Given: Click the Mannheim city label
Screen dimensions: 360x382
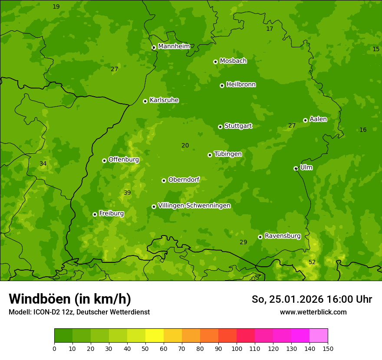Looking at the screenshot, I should (174, 46).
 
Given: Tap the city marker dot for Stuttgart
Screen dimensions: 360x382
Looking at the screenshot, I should (220, 127).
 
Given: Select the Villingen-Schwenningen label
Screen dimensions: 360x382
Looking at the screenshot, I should (194, 206).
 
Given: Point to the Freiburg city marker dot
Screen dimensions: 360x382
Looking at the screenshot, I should (95, 214).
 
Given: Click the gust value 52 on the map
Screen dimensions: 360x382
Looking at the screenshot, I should (312, 262).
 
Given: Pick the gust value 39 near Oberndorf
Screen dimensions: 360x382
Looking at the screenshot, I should (127, 193).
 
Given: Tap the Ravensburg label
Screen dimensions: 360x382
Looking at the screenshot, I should (283, 236).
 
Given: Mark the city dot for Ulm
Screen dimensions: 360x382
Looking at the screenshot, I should (296, 168).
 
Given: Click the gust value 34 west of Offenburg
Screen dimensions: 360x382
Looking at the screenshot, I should (43, 164).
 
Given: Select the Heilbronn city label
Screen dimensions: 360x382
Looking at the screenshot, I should (241, 85).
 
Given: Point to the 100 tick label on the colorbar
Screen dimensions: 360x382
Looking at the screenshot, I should (237, 348).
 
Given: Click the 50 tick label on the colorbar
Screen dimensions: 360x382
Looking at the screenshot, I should (145, 348).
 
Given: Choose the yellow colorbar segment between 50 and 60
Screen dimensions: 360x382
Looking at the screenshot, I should (155, 336).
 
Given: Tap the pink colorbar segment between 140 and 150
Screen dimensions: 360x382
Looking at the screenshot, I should (319, 336).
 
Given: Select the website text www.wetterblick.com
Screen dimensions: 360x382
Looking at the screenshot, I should (313, 312).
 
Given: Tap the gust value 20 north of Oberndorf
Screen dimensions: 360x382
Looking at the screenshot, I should (185, 146).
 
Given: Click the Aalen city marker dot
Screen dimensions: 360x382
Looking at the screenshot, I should (305, 120).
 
